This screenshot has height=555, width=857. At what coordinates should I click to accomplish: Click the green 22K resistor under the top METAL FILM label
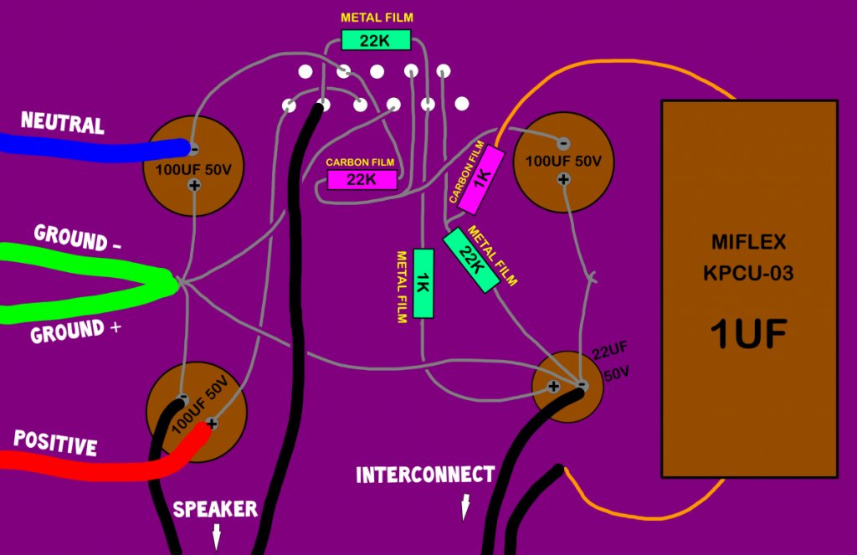(376, 40)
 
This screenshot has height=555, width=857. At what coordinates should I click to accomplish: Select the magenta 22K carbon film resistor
(362, 179)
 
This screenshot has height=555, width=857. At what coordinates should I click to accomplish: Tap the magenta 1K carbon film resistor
(481, 181)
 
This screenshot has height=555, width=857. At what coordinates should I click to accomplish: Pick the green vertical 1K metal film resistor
(423, 283)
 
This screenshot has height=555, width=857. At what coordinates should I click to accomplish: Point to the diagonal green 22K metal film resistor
(471, 260)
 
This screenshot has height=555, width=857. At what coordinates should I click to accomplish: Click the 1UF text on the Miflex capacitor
(748, 334)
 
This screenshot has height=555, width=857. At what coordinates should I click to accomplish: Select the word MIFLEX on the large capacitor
(748, 242)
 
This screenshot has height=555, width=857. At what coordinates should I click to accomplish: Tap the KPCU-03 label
(748, 273)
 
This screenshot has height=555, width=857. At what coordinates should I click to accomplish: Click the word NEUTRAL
(62, 122)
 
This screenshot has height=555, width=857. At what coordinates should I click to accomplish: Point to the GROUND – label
(77, 239)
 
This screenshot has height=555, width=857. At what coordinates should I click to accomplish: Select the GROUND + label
(75, 331)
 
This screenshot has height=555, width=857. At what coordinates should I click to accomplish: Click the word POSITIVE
(55, 443)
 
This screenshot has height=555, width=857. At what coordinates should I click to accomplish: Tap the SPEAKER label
(215, 510)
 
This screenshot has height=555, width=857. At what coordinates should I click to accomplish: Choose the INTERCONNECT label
(425, 475)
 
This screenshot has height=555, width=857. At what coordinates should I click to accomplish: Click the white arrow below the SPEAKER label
(217, 537)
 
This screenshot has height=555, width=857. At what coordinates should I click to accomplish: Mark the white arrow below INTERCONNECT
(465, 507)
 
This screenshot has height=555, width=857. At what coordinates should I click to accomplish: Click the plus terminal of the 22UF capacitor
(553, 387)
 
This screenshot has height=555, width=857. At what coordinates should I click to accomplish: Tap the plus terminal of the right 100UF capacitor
(563, 179)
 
